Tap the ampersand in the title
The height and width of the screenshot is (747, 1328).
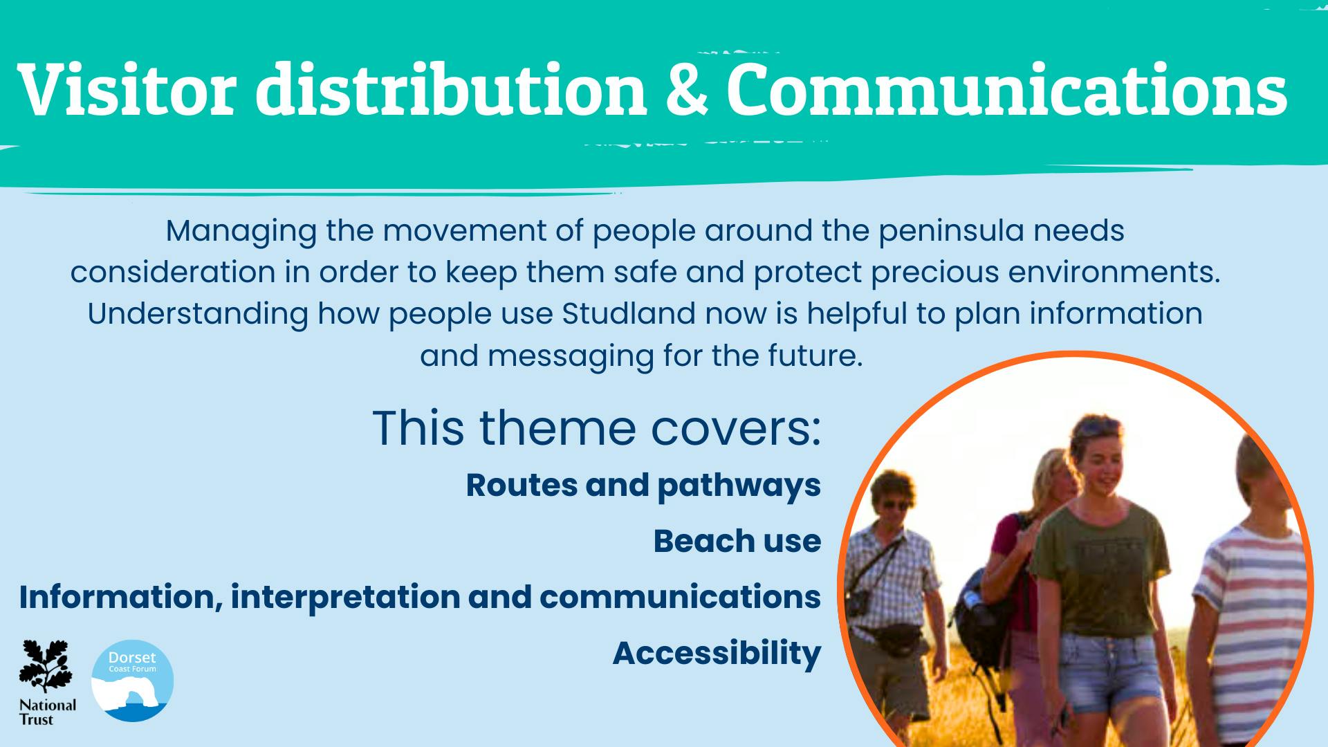pyautogui.click(x=687, y=89)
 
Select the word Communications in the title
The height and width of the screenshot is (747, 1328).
pyautogui.click(x=1006, y=89)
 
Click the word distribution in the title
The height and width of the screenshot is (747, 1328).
pyautogui.click(x=450, y=89)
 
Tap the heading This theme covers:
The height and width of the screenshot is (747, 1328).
pyautogui.click(x=596, y=428)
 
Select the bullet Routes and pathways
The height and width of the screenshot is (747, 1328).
pyautogui.click(x=643, y=486)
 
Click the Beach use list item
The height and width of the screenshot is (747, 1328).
pyautogui.click(x=737, y=541)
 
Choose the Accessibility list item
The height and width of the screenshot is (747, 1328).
pyautogui.click(x=717, y=653)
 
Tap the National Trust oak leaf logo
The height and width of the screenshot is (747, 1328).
pyautogui.click(x=46, y=681)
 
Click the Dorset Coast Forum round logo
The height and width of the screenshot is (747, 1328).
pyautogui.click(x=132, y=681)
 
